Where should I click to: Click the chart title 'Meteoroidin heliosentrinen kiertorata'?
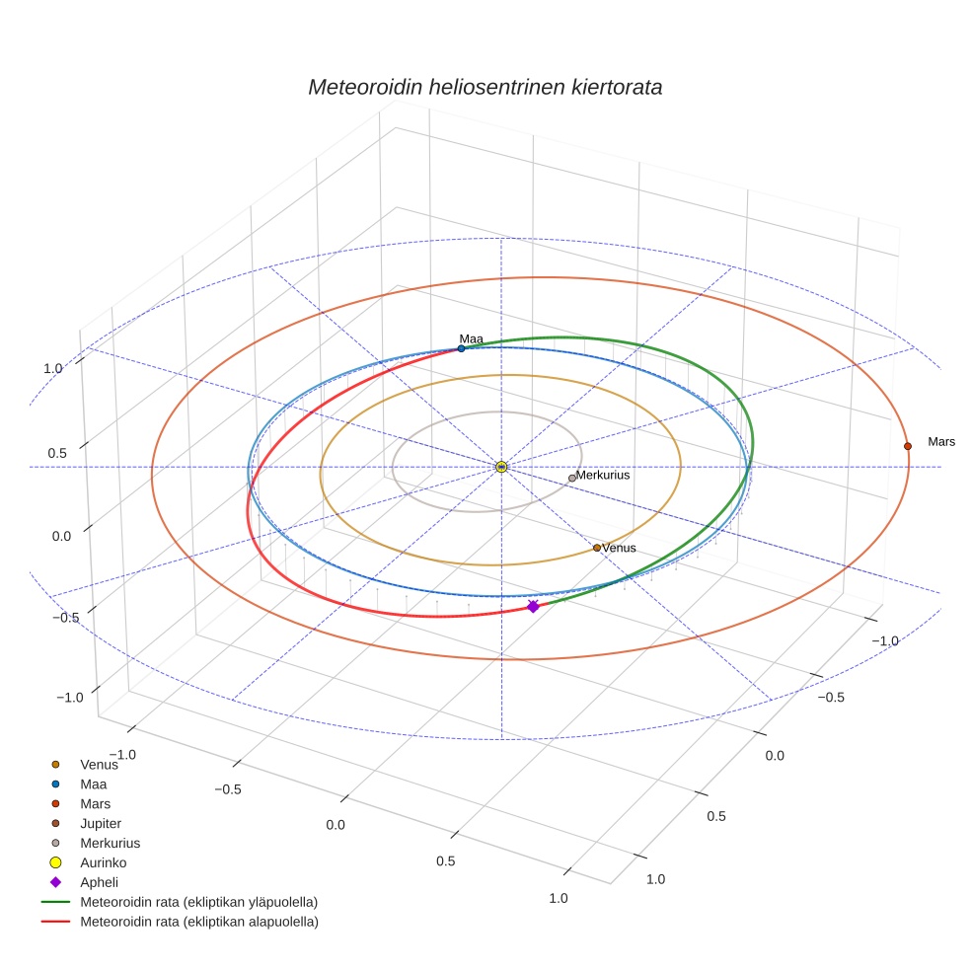[x=485, y=87]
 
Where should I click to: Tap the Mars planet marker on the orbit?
[x=907, y=446]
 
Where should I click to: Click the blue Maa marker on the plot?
[x=461, y=348]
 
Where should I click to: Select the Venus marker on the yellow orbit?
[x=596, y=548]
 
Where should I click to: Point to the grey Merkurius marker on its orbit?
[x=571, y=478]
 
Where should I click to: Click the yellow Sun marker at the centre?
[x=501, y=467]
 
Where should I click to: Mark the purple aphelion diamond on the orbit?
[x=533, y=606]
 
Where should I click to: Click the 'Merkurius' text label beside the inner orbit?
[x=603, y=475]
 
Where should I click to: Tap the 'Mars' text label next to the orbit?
[x=941, y=441]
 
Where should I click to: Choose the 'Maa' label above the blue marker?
[x=472, y=338]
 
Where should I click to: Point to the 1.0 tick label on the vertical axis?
[x=53, y=368]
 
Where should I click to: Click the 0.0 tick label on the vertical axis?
[x=61, y=536]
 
